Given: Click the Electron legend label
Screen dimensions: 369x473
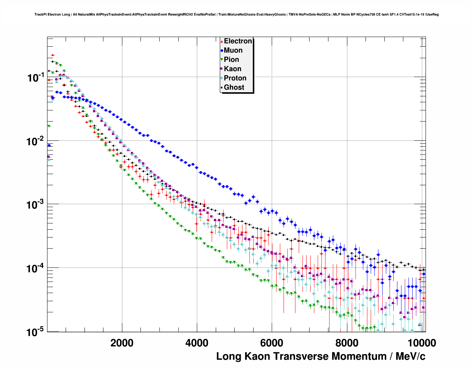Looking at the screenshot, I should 238,41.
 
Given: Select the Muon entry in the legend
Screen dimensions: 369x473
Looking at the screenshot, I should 233,50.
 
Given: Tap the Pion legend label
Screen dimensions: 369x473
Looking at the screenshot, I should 231,60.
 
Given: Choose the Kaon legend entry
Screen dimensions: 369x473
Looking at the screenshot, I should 232,69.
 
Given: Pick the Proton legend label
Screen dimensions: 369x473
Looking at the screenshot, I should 235,78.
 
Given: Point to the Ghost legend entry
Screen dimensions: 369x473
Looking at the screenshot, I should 234,87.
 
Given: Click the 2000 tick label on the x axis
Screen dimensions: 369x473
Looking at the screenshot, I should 122,343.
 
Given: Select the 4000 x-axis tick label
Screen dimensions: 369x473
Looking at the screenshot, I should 197,343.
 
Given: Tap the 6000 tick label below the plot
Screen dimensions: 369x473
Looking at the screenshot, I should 272,343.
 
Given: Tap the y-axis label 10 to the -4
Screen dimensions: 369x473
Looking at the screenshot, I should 36,268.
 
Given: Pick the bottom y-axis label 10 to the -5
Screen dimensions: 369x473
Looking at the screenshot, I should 36,332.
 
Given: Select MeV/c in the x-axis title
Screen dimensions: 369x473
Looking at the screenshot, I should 410,356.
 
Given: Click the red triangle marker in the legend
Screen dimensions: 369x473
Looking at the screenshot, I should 222,41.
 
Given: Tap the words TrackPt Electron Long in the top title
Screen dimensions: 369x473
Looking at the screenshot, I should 52,14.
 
